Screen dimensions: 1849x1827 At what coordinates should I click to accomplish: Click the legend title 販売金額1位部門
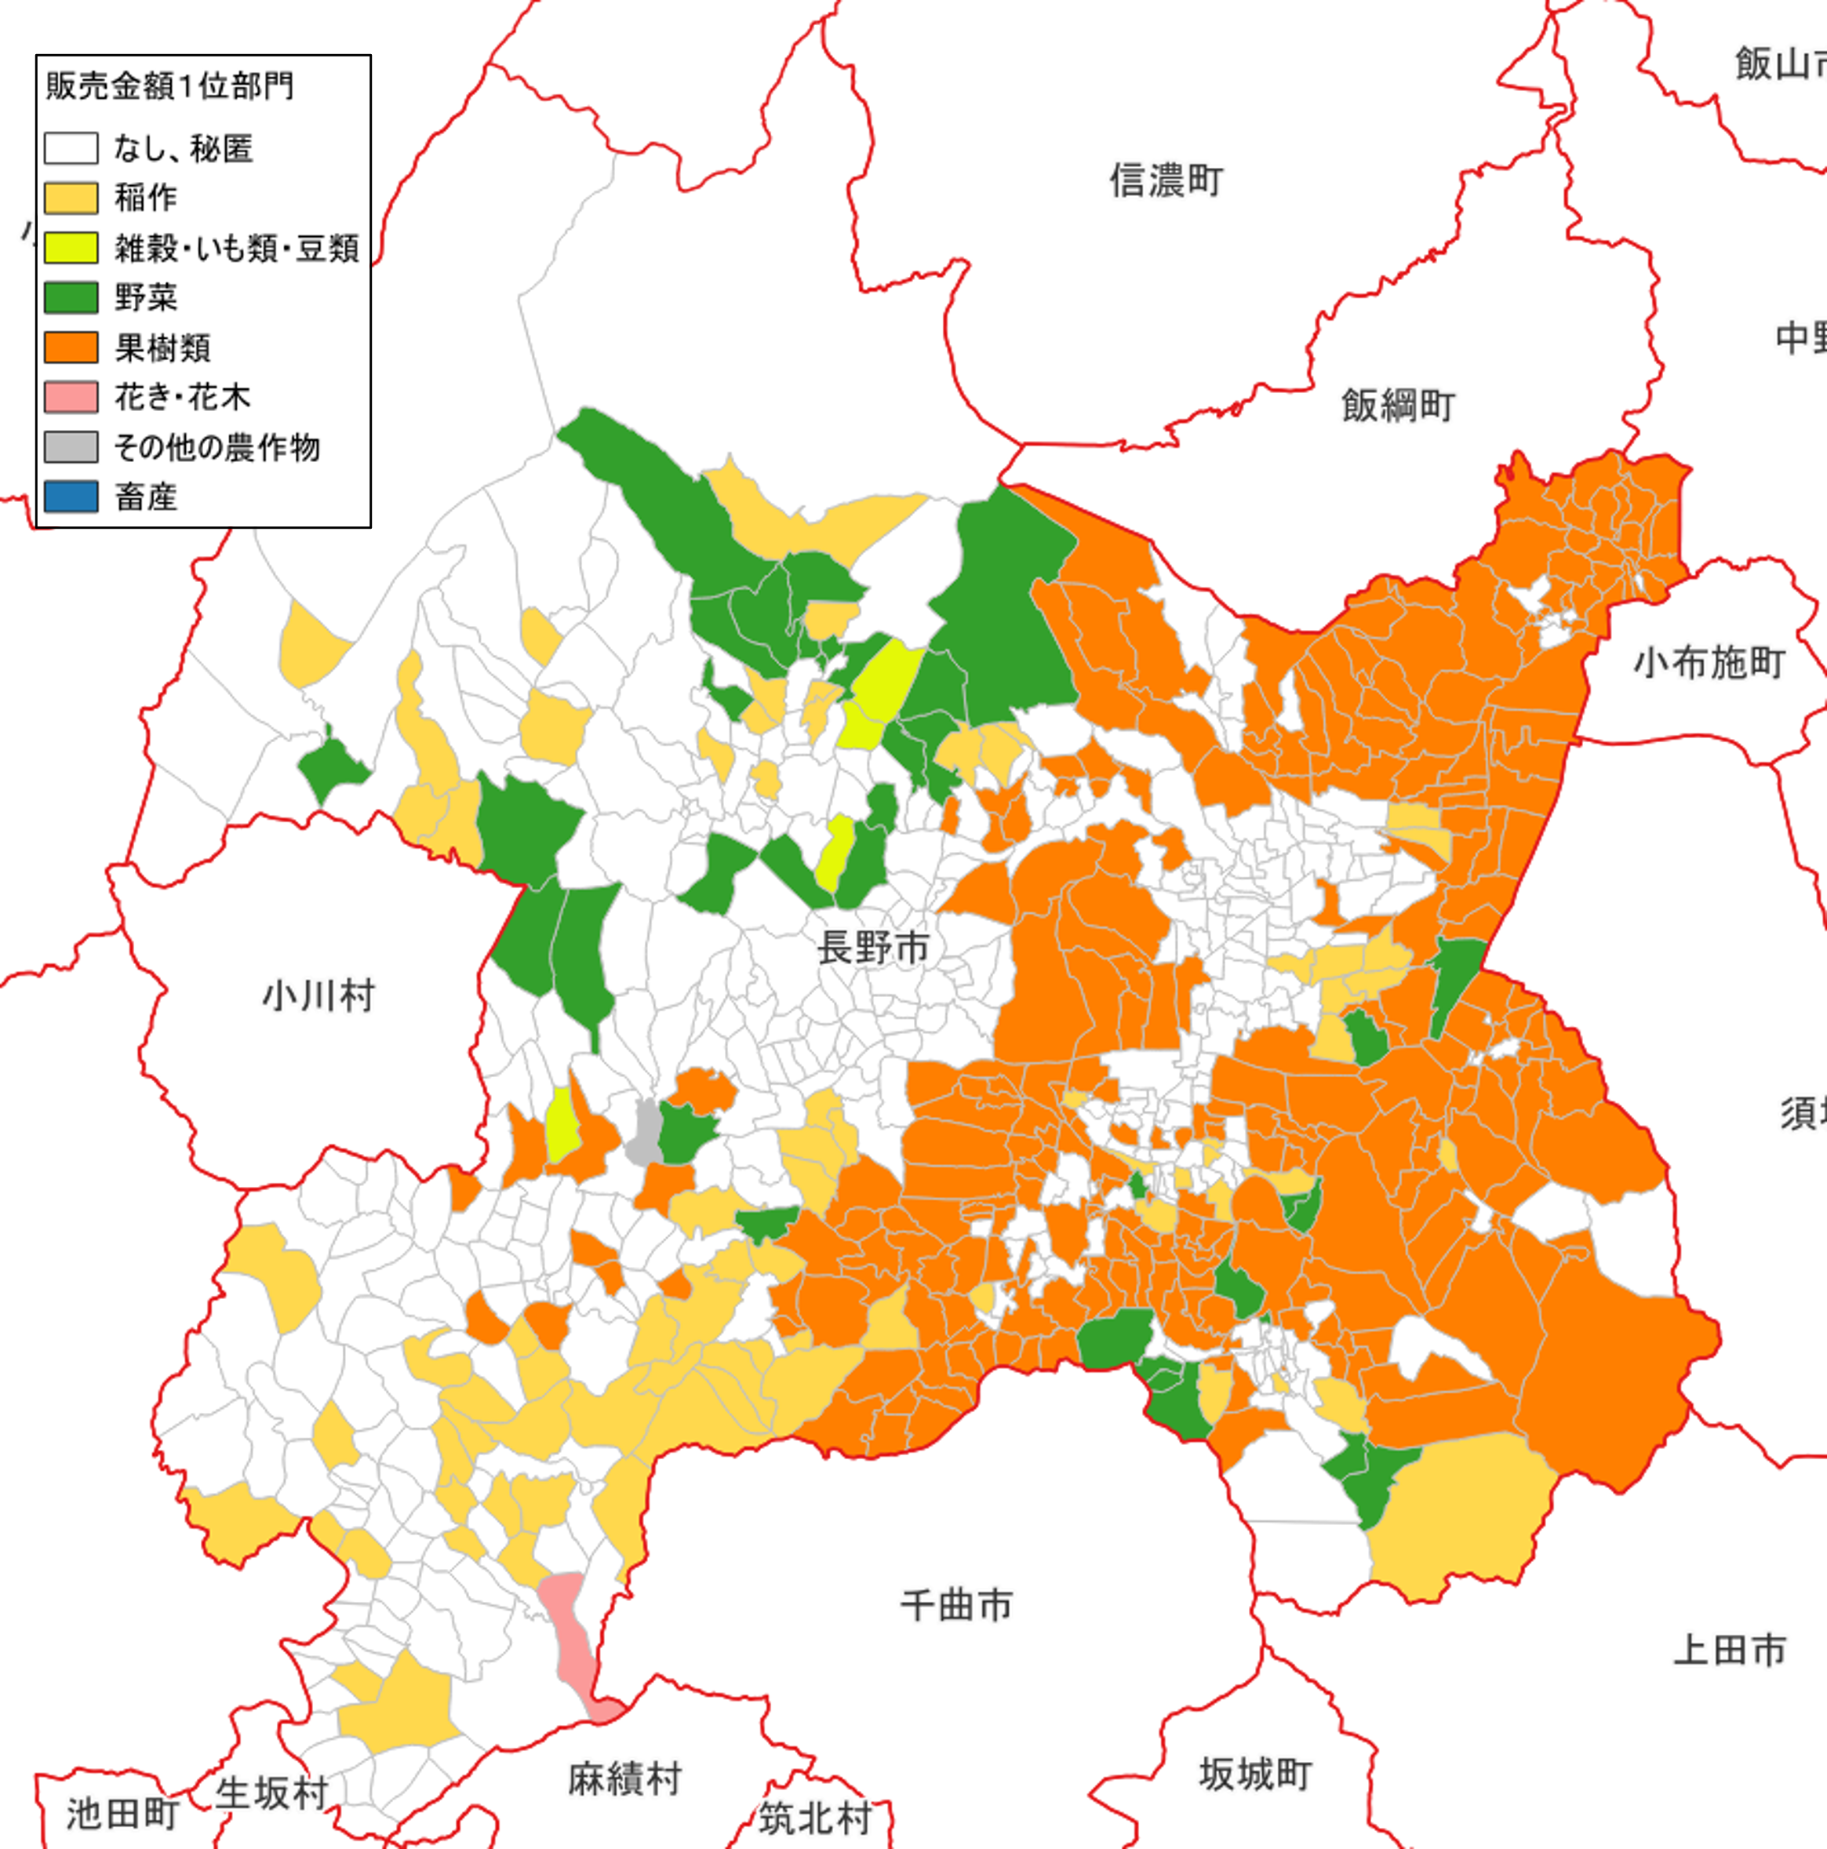point(169,86)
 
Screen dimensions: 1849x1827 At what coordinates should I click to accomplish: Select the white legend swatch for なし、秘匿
point(71,148)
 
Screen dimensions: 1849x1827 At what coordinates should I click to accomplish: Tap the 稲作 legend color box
point(71,198)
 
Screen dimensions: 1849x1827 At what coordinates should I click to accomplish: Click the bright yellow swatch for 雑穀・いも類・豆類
point(71,248)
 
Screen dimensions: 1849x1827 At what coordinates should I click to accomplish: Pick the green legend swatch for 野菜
point(71,297)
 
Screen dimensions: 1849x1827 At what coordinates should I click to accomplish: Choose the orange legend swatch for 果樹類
point(71,348)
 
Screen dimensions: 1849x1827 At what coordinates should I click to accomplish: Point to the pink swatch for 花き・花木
point(71,397)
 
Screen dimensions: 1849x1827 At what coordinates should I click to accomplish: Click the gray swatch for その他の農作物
point(71,447)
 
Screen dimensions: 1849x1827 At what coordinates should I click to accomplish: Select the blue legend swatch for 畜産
point(71,497)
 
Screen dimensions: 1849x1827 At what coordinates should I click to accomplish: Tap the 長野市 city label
point(873,948)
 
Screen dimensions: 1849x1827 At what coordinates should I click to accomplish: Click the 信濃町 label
point(1166,180)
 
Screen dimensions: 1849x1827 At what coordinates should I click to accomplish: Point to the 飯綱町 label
point(1397,406)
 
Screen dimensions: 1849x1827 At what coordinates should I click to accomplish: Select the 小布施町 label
point(1709,662)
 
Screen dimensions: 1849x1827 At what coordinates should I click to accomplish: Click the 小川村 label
point(318,996)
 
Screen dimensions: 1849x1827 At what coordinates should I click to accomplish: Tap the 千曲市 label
point(956,1605)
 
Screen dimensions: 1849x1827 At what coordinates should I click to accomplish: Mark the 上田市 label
point(1730,1650)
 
